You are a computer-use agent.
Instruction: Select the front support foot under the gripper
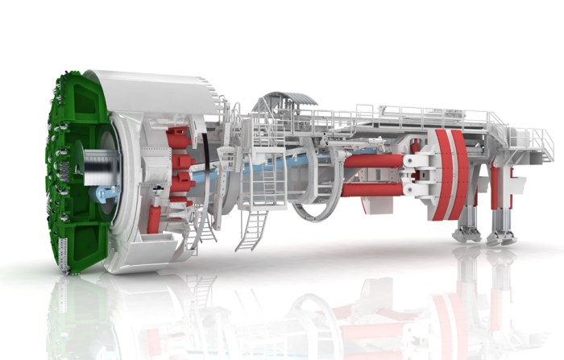(467, 233)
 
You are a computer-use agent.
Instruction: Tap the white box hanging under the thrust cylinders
(375, 205)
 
